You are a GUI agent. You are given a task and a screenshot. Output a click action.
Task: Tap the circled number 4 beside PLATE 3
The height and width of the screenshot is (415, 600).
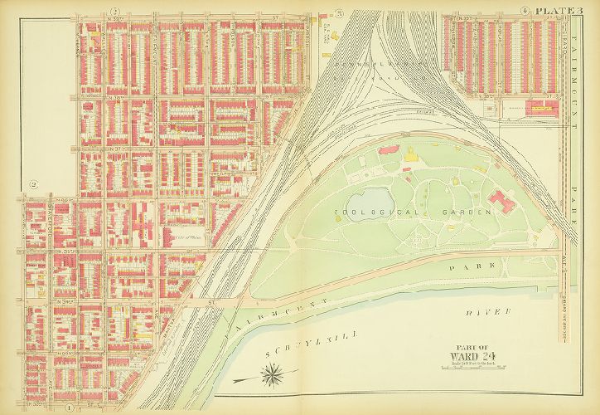(525, 10)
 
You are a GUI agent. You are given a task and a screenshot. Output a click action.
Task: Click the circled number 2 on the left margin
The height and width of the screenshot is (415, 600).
(34, 184)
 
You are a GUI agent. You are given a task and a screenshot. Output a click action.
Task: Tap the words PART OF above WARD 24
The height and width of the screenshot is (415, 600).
(467, 347)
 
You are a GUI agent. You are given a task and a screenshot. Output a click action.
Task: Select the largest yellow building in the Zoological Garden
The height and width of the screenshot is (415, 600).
(412, 154)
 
